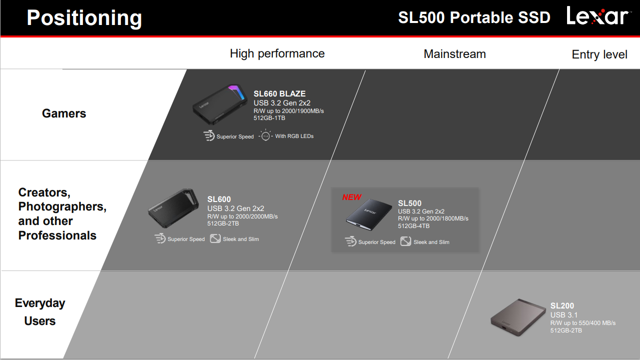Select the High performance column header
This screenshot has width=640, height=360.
[x=277, y=54]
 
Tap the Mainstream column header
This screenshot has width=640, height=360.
[x=455, y=54]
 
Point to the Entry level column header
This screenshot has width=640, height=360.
[x=600, y=54]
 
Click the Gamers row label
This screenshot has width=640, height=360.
[x=64, y=113]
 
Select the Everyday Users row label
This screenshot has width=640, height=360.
[x=40, y=312]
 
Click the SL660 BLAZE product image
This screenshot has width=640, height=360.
[x=220, y=104]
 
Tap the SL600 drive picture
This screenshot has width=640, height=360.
[x=173, y=208]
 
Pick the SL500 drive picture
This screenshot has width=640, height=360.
[x=369, y=214]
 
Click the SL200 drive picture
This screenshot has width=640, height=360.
[x=518, y=317]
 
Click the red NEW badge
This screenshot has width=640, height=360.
[x=352, y=197]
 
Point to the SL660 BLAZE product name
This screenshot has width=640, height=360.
[x=279, y=94]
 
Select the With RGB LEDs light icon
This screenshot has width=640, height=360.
[x=265, y=135]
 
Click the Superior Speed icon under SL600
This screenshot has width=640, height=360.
[x=160, y=238]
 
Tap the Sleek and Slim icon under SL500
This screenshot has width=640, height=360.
[x=406, y=241]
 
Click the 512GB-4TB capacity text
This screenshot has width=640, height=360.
[x=414, y=226]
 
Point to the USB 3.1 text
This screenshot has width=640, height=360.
[x=564, y=315]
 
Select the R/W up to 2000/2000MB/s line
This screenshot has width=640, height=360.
[x=243, y=216]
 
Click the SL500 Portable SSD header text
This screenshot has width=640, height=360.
[x=474, y=17]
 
